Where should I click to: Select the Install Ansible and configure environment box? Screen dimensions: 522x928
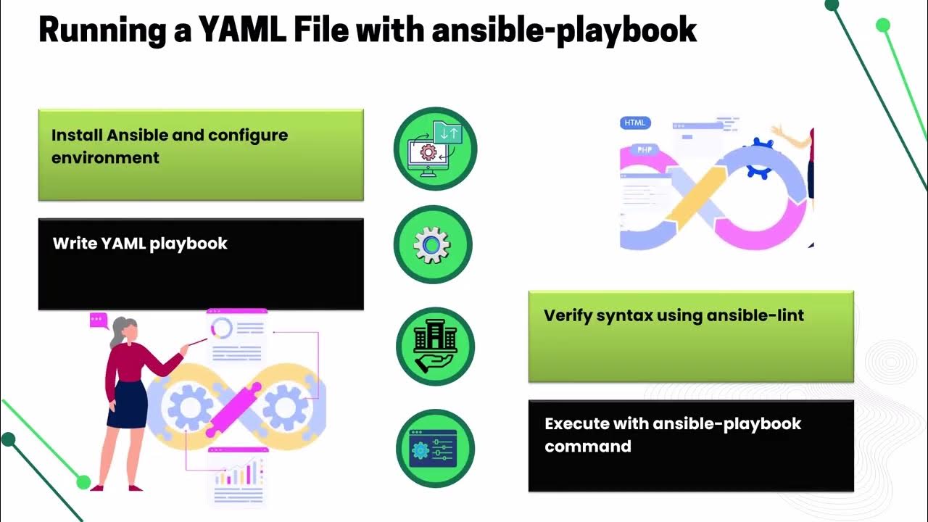point(200,154)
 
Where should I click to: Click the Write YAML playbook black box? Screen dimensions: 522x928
point(200,265)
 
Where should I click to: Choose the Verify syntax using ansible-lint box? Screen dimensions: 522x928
point(690,336)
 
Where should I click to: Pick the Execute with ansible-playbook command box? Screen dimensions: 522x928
point(690,445)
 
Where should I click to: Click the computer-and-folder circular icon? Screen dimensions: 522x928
point(435,149)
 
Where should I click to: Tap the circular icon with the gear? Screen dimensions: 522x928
point(432,245)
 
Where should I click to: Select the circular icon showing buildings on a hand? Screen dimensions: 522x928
point(435,346)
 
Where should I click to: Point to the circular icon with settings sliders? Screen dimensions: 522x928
point(435,448)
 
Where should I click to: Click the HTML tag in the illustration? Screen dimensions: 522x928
point(636,123)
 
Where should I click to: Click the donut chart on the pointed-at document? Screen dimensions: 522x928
point(221,328)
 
